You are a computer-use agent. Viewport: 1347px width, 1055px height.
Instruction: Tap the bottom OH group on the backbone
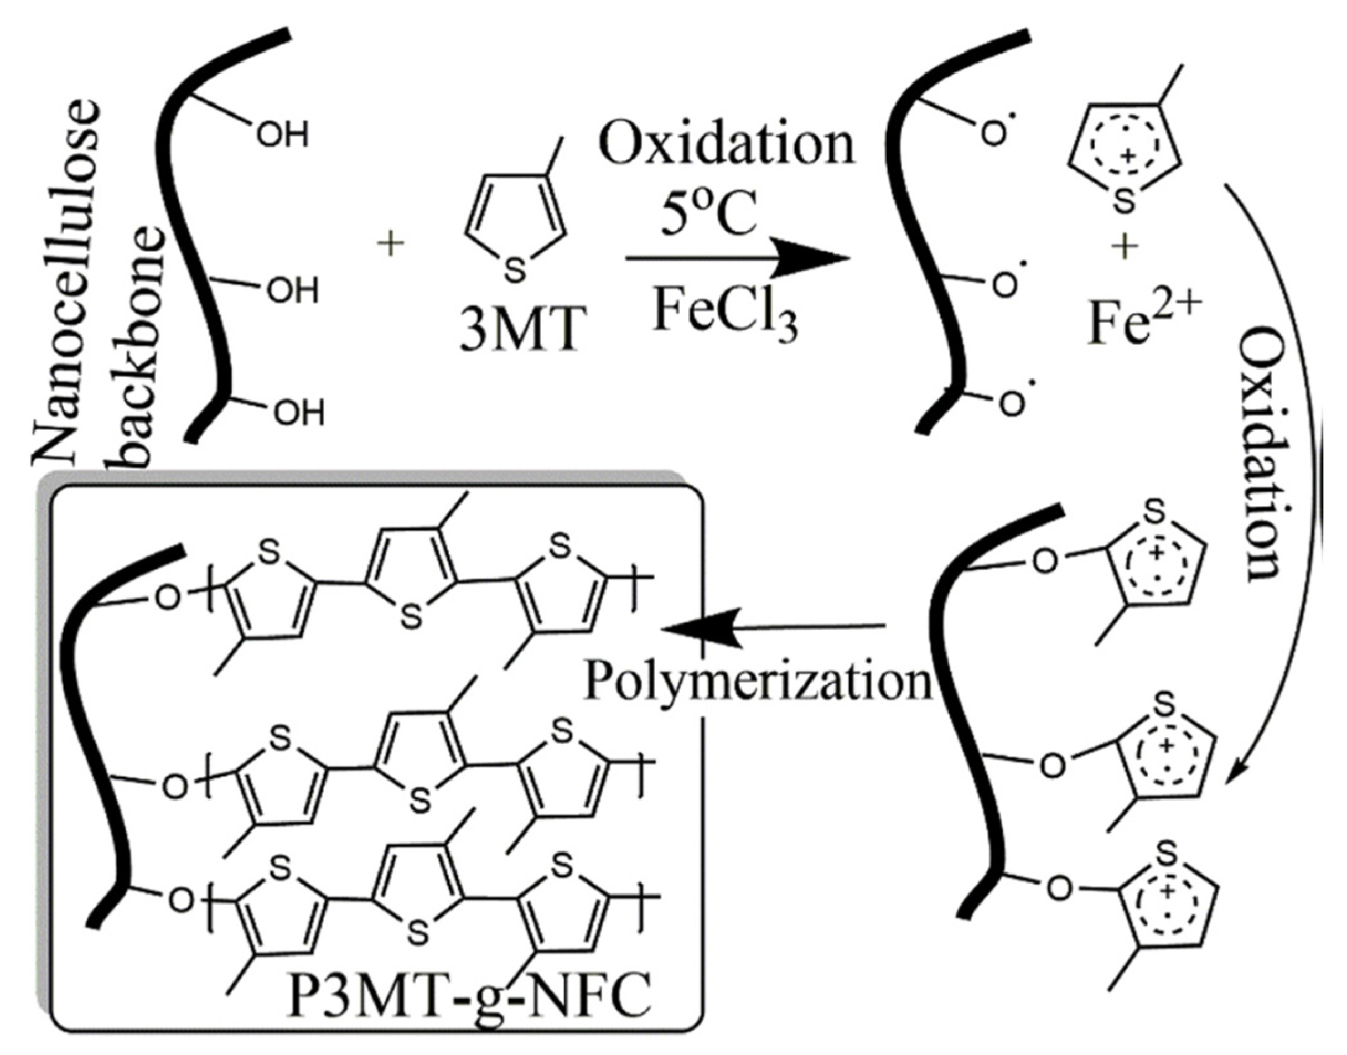pos(299,413)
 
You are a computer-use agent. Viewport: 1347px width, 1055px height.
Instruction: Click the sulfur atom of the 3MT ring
pos(515,270)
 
